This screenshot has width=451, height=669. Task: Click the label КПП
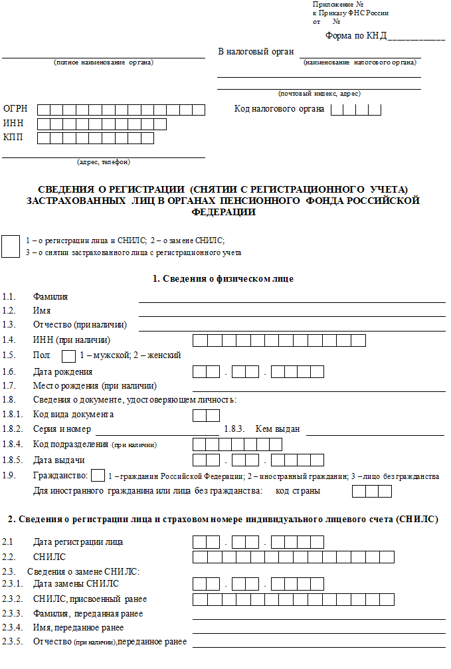(x=13, y=138)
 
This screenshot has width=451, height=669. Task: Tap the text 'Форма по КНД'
(x=355, y=36)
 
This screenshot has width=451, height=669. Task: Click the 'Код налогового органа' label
(x=279, y=109)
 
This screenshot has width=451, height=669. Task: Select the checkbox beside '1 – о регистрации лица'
(x=11, y=246)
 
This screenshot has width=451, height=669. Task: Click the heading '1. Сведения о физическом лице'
(x=223, y=278)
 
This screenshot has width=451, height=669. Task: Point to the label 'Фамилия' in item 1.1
(x=50, y=296)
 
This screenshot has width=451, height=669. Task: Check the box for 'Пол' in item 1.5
(x=68, y=355)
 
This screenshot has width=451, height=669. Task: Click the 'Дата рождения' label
(x=63, y=371)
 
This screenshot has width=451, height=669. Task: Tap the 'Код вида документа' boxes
(x=206, y=415)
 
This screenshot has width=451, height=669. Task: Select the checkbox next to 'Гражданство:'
(x=97, y=476)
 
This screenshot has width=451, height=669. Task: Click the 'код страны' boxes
(x=372, y=492)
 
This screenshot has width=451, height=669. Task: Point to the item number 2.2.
(x=8, y=556)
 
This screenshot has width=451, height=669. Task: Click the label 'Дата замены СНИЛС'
(x=76, y=584)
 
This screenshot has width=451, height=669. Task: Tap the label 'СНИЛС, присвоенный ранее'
(x=90, y=599)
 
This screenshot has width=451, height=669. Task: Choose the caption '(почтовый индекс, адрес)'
(x=319, y=94)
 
